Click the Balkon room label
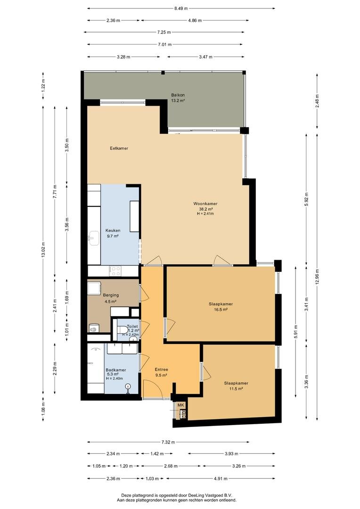click(178, 98)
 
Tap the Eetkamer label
click(119, 148)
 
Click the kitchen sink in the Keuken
click(94, 238)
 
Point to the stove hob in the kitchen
click(115, 271)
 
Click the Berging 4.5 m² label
click(111, 298)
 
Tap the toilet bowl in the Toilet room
click(123, 329)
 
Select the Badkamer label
click(115, 370)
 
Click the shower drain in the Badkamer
click(129, 386)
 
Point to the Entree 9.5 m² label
click(161, 372)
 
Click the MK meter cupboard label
click(180, 405)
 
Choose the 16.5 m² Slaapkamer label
click(221, 307)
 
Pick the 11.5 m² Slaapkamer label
click(236, 386)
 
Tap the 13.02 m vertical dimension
click(43, 250)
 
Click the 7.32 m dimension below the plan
click(169, 442)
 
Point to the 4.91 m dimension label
click(221, 478)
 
